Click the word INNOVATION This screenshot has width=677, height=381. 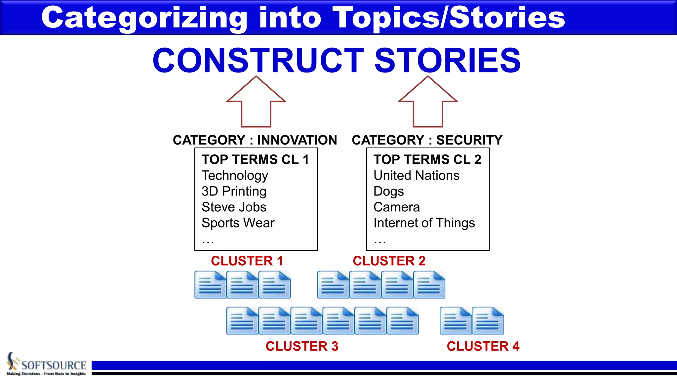coord(297,140)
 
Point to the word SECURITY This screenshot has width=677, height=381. coord(469,140)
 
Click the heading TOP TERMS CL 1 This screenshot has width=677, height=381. coord(255,160)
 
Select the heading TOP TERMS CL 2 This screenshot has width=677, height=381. coord(427,160)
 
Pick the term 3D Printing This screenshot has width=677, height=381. coord(234,191)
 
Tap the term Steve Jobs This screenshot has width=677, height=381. coord(234,207)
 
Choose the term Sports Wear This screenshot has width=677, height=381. coord(238,223)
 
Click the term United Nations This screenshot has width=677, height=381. coord(416,176)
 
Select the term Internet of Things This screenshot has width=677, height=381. coord(424,223)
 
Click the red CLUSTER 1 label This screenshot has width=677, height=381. coord(247,261)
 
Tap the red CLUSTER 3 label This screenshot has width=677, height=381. coord(302,346)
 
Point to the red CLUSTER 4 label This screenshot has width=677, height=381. coord(483,346)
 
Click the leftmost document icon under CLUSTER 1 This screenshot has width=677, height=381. coord(210,285)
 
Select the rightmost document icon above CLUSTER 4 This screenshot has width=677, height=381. coord(488,321)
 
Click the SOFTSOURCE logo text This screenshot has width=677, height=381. coord(54,365)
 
